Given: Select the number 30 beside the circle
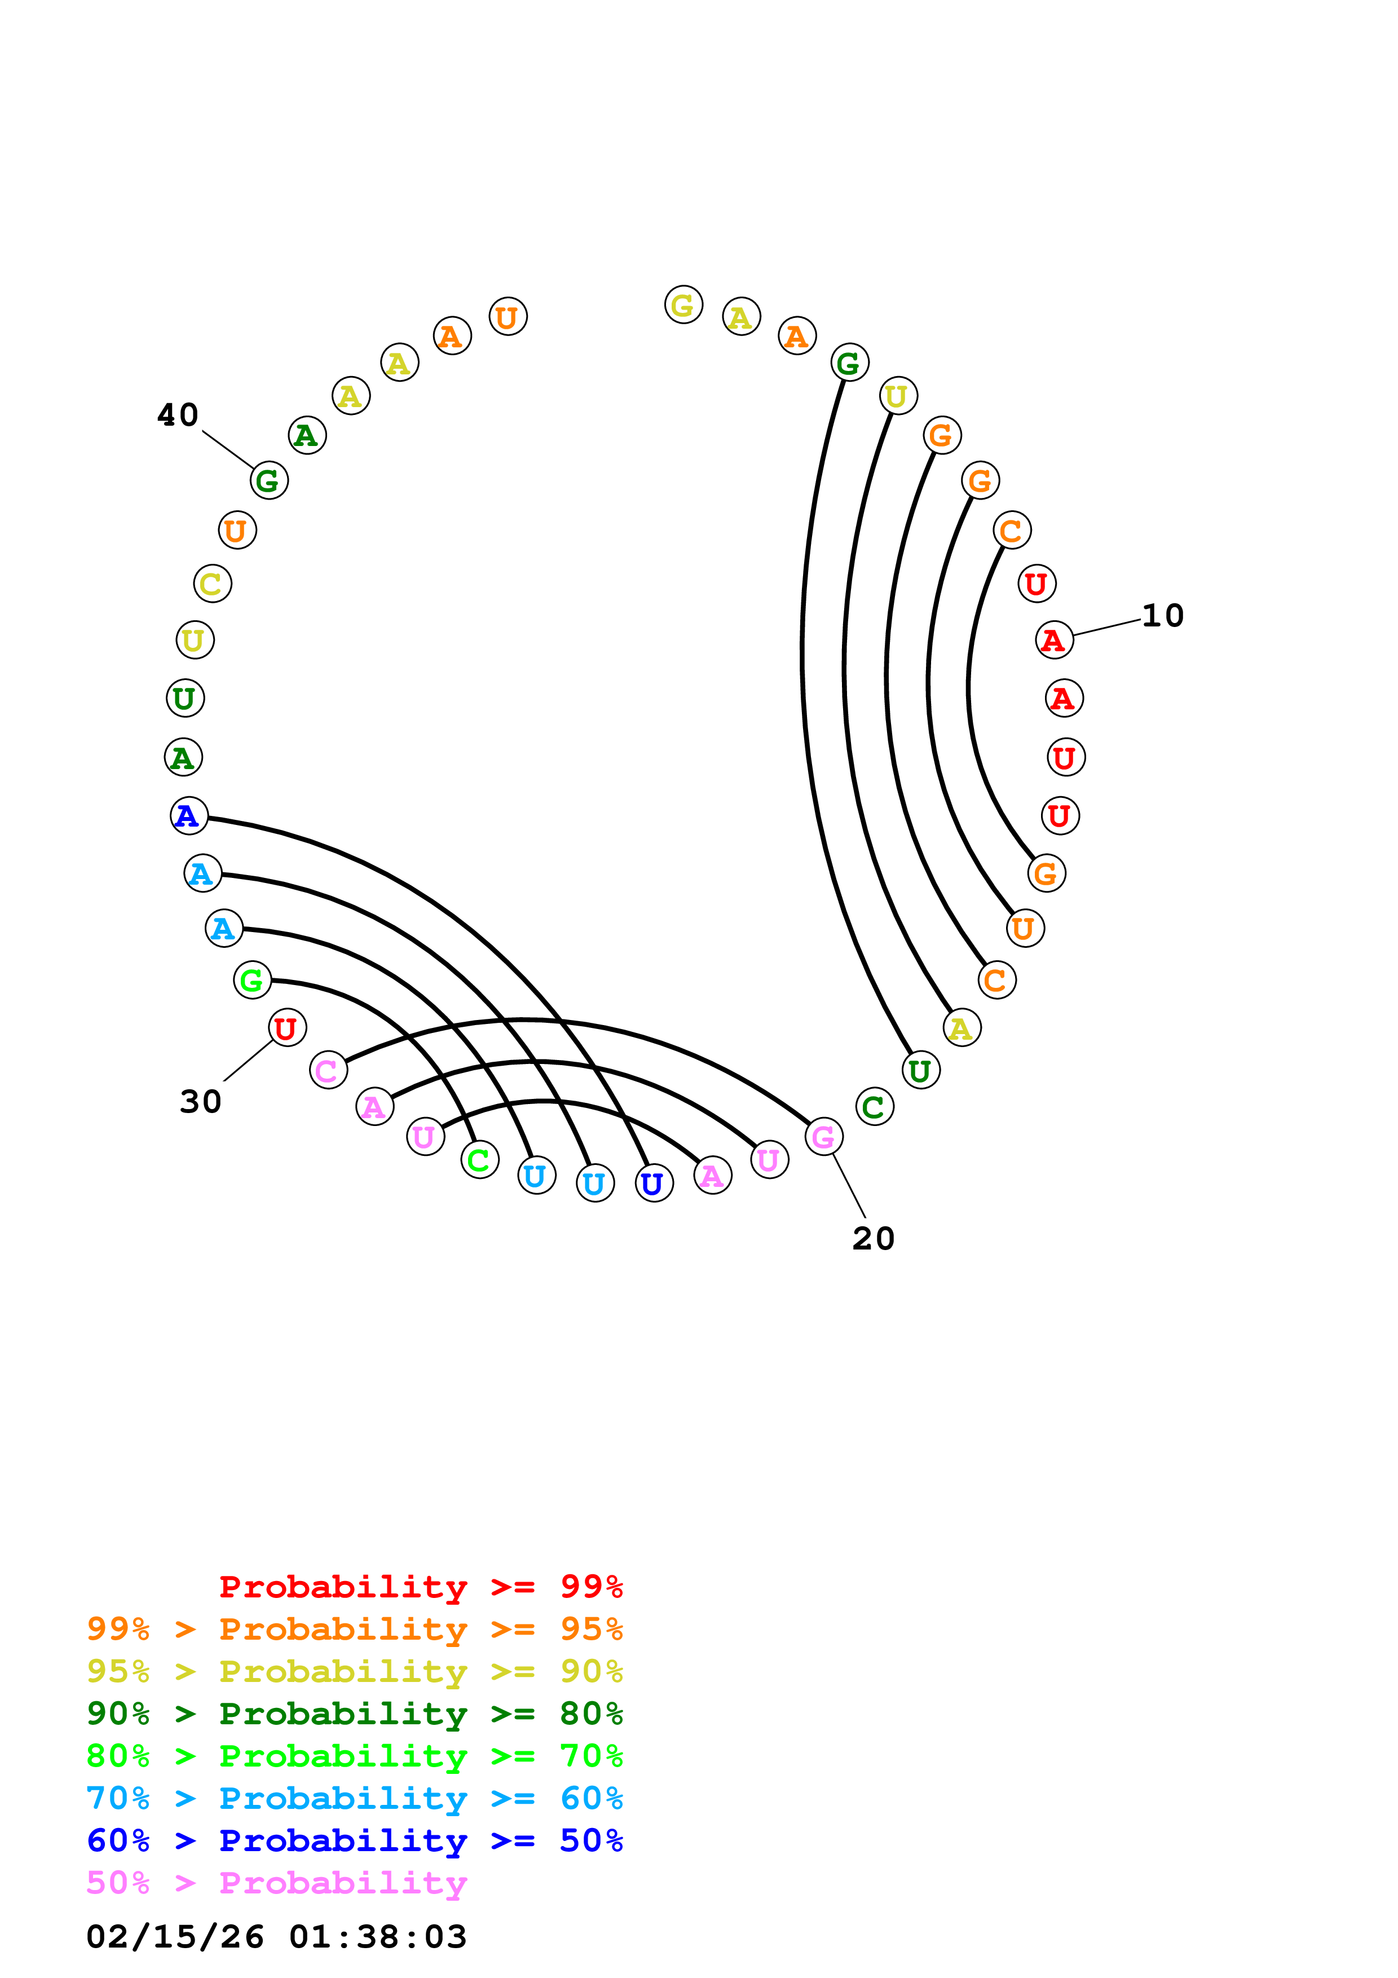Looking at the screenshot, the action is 200,1102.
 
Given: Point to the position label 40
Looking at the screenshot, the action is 178,415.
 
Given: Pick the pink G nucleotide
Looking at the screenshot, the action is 823,1137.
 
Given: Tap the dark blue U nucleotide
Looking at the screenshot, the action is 654,1184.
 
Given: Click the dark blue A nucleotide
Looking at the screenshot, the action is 189,816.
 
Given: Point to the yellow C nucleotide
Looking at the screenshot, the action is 212,584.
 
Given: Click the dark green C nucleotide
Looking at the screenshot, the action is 874,1107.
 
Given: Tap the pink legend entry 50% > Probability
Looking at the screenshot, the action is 276,1883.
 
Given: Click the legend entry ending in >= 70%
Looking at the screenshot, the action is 354,1756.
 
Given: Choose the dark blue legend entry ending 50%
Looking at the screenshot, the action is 354,1841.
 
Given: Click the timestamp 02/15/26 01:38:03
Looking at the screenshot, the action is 276,1937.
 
